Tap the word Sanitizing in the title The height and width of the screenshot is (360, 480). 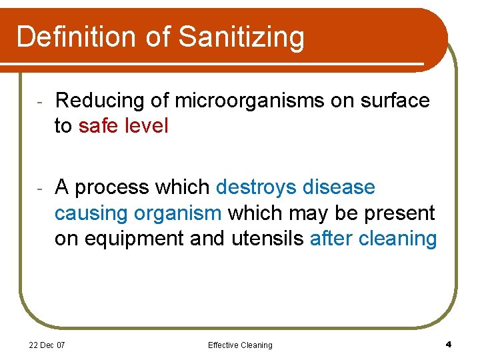[x=241, y=37]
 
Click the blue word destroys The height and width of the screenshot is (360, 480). [x=257, y=188]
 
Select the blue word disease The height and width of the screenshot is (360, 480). [x=339, y=188]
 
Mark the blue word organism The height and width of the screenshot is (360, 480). [x=178, y=213]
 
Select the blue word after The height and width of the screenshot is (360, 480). [x=331, y=237]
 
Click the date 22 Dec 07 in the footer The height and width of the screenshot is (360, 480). [x=47, y=345]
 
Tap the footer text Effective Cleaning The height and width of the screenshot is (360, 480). [x=240, y=345]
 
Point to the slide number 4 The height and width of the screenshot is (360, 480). [x=449, y=344]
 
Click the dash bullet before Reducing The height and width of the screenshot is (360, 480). [x=40, y=102]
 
